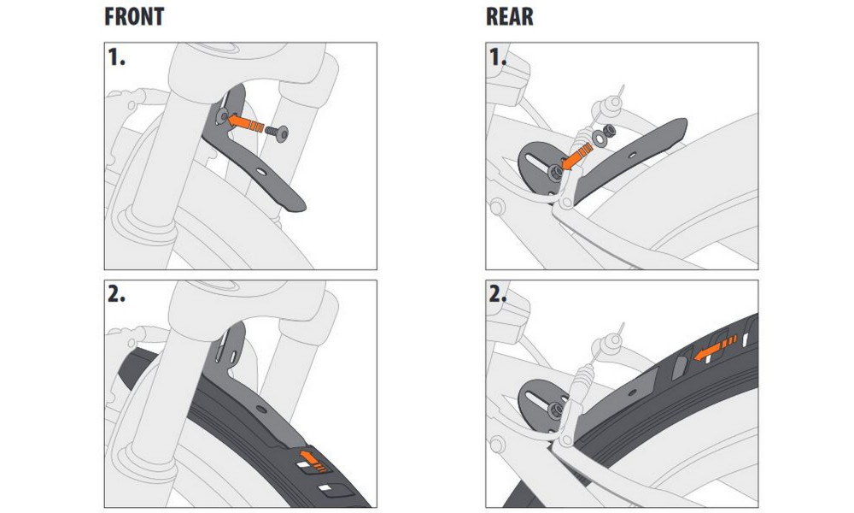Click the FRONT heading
click(x=134, y=16)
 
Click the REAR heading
click(x=509, y=16)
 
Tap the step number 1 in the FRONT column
click(x=116, y=57)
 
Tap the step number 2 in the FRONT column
click(x=116, y=294)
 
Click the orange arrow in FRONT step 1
click(x=246, y=123)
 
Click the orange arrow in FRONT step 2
click(x=312, y=459)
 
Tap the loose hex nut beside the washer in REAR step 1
click(x=610, y=131)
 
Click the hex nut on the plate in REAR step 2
click(x=555, y=409)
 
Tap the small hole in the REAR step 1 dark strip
click(x=631, y=156)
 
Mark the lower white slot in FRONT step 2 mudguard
click(x=325, y=488)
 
